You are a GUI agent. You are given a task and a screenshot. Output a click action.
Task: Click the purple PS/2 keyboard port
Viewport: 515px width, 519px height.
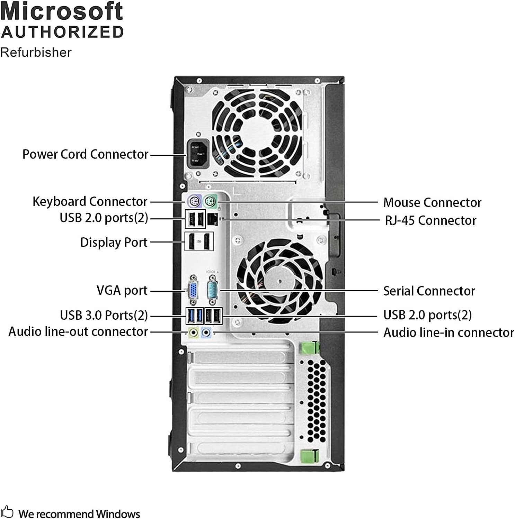[x=194, y=201]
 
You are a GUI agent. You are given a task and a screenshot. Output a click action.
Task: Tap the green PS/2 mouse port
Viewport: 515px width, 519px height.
[x=210, y=201]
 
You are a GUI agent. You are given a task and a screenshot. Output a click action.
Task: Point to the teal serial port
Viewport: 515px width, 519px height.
[x=212, y=290]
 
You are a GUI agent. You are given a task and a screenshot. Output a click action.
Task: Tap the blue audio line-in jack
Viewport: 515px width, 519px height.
[x=206, y=333]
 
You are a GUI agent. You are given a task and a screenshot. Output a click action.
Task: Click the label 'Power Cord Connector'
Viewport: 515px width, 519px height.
[x=86, y=154]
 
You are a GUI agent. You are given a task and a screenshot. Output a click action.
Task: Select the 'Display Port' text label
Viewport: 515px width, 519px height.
[x=114, y=242]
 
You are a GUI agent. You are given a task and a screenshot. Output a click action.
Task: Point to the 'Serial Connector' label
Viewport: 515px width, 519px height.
[x=429, y=291]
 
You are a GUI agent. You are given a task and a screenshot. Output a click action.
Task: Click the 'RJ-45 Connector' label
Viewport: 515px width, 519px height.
[x=430, y=220]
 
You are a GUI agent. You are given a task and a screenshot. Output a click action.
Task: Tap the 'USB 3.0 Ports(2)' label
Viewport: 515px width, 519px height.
[x=104, y=315]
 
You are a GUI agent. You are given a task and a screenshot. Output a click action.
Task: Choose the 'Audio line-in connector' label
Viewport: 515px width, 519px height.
[x=449, y=333]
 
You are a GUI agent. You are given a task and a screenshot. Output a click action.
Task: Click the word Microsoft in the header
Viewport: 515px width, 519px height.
[x=62, y=11]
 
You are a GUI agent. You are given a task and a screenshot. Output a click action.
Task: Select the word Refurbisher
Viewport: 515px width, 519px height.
[x=36, y=52]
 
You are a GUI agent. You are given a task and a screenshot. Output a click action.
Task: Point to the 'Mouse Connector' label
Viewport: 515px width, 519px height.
[x=432, y=202]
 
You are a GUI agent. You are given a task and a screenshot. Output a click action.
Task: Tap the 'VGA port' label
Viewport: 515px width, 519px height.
[x=122, y=291]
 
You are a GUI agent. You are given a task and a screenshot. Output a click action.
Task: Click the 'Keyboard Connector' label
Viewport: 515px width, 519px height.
[x=90, y=201]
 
